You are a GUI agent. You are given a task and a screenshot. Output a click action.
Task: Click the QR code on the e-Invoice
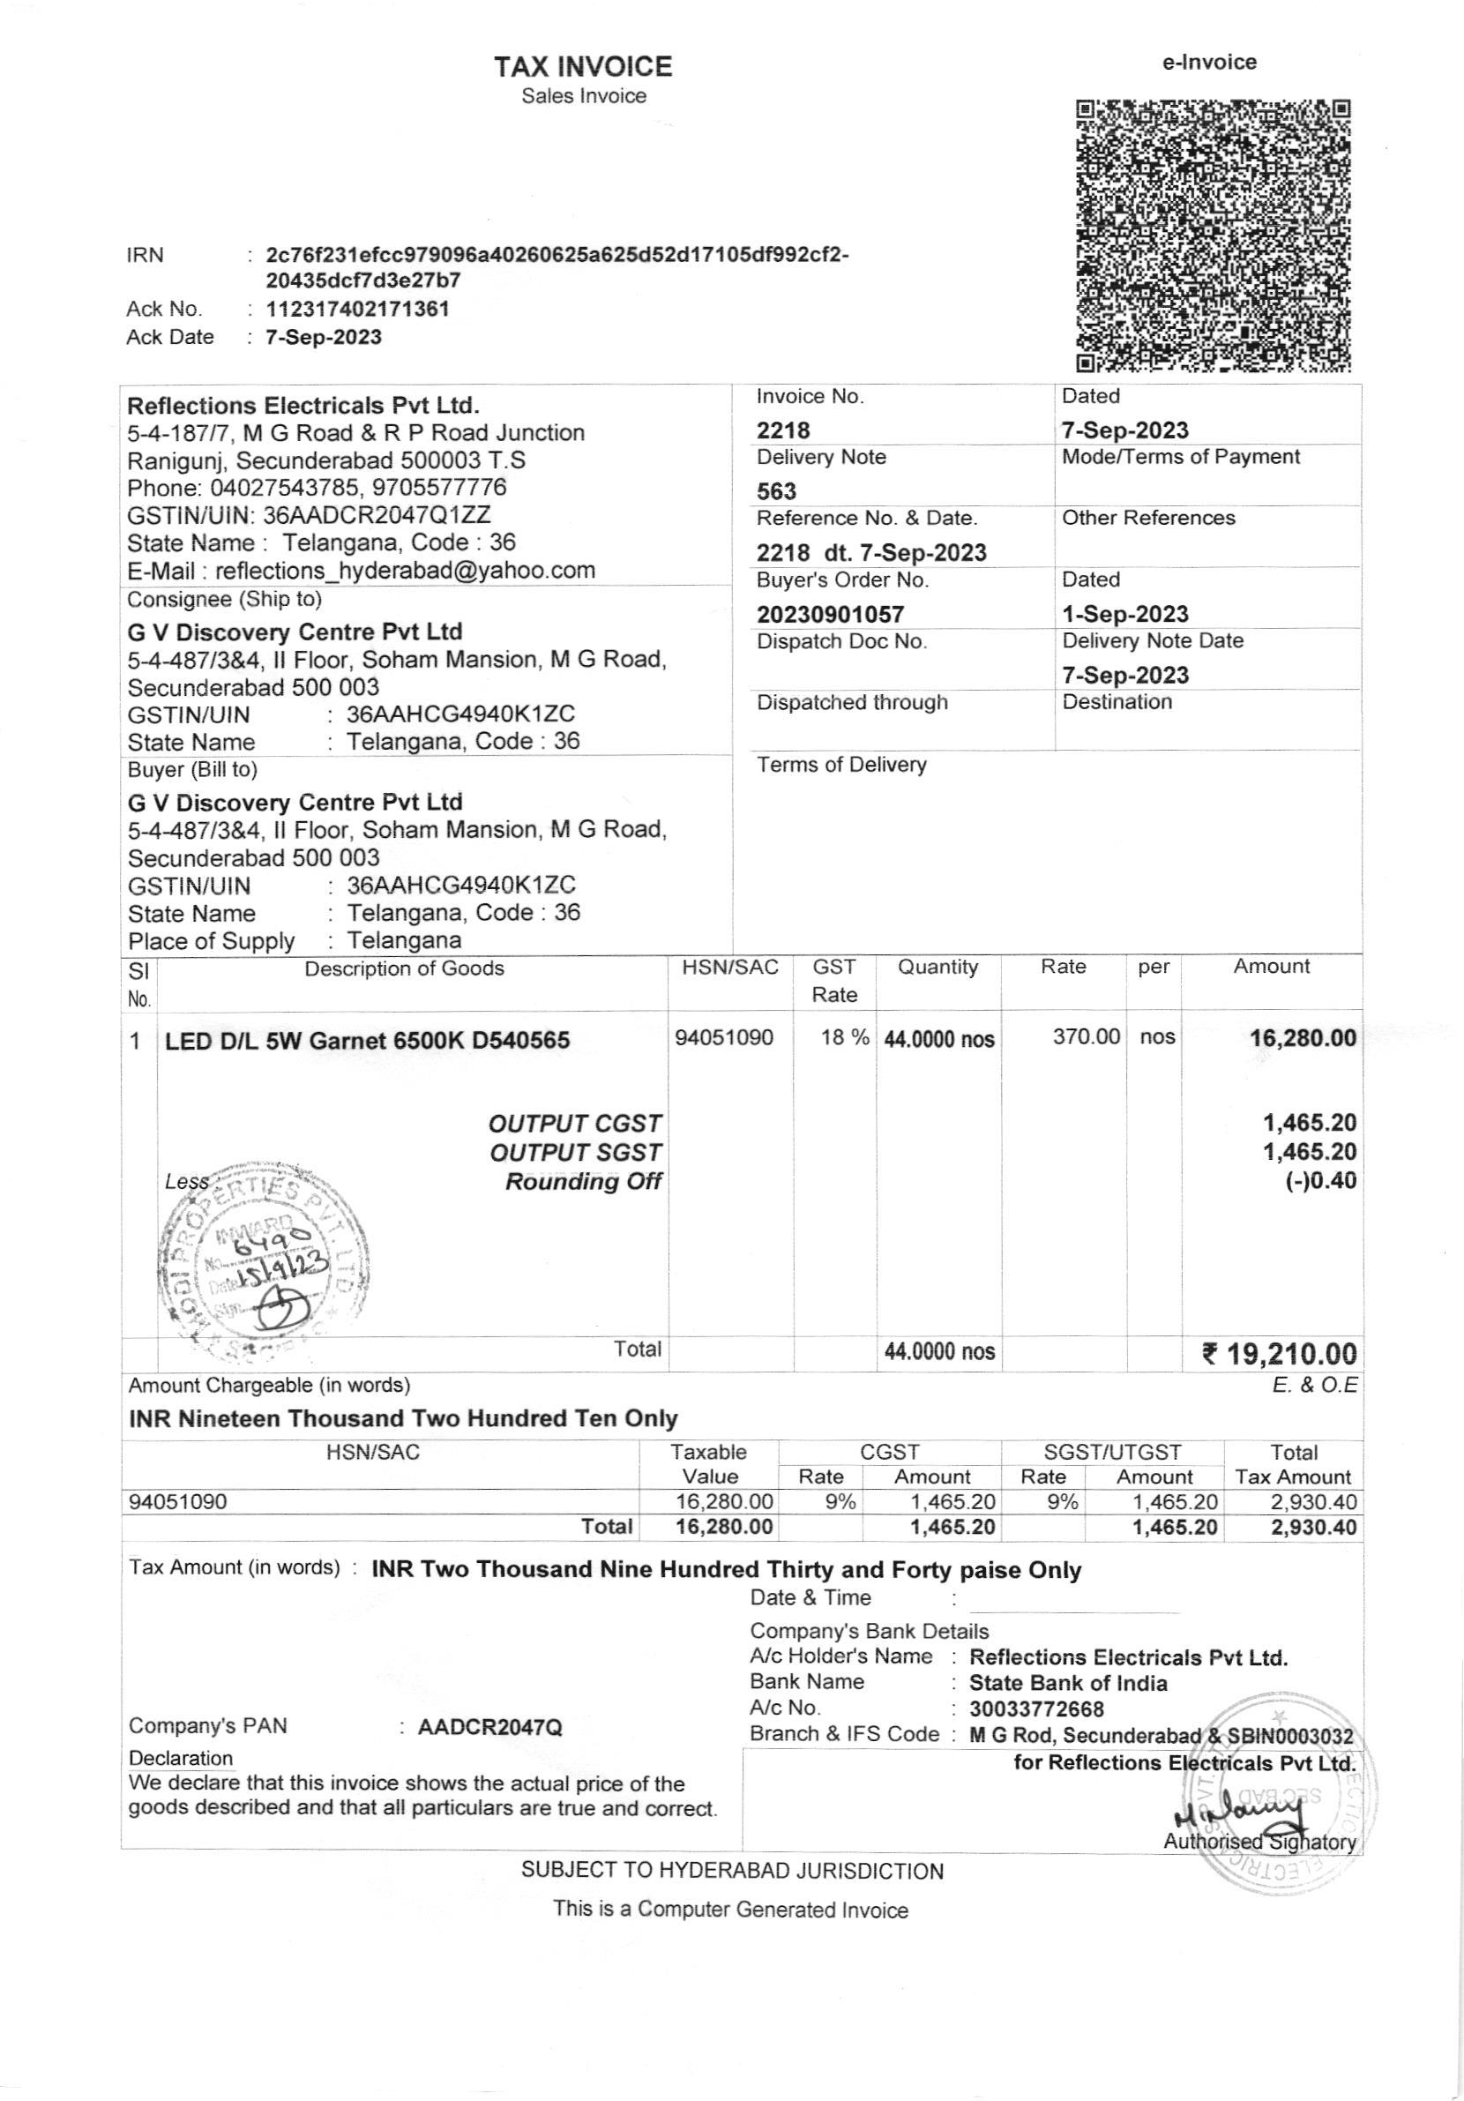(1214, 236)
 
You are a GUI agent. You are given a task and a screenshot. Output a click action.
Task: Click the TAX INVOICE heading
(583, 66)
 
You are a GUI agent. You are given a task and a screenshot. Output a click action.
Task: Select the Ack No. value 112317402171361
(358, 309)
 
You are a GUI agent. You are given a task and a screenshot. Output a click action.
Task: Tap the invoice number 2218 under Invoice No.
(783, 430)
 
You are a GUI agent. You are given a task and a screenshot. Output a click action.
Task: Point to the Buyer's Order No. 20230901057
(830, 614)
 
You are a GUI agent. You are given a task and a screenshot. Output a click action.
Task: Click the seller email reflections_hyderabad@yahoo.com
(405, 571)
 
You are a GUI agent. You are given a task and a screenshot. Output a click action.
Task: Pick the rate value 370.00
(1087, 1036)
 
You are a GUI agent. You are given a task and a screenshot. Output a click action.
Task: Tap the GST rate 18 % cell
(844, 1037)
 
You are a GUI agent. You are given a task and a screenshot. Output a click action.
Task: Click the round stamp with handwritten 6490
(265, 1260)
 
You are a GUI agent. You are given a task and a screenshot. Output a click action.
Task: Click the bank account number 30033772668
(1036, 1708)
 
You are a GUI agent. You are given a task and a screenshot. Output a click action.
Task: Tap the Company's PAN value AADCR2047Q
(489, 1727)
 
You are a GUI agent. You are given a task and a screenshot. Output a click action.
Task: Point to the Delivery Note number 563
(776, 491)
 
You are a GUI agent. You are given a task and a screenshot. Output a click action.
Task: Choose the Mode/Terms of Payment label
(1180, 457)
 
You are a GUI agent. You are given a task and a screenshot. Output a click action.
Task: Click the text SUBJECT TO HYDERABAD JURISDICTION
(732, 1871)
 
